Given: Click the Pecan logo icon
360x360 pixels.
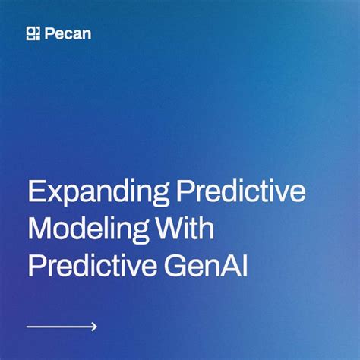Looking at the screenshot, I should point(33,33).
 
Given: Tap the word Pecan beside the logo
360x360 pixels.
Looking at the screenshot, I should point(68,33).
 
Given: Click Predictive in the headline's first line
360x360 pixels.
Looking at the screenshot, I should point(241,191).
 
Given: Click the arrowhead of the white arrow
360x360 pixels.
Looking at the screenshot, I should point(94,327).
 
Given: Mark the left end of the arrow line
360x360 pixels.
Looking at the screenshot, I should point(28,327).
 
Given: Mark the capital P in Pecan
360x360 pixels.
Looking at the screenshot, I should point(49,33).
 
